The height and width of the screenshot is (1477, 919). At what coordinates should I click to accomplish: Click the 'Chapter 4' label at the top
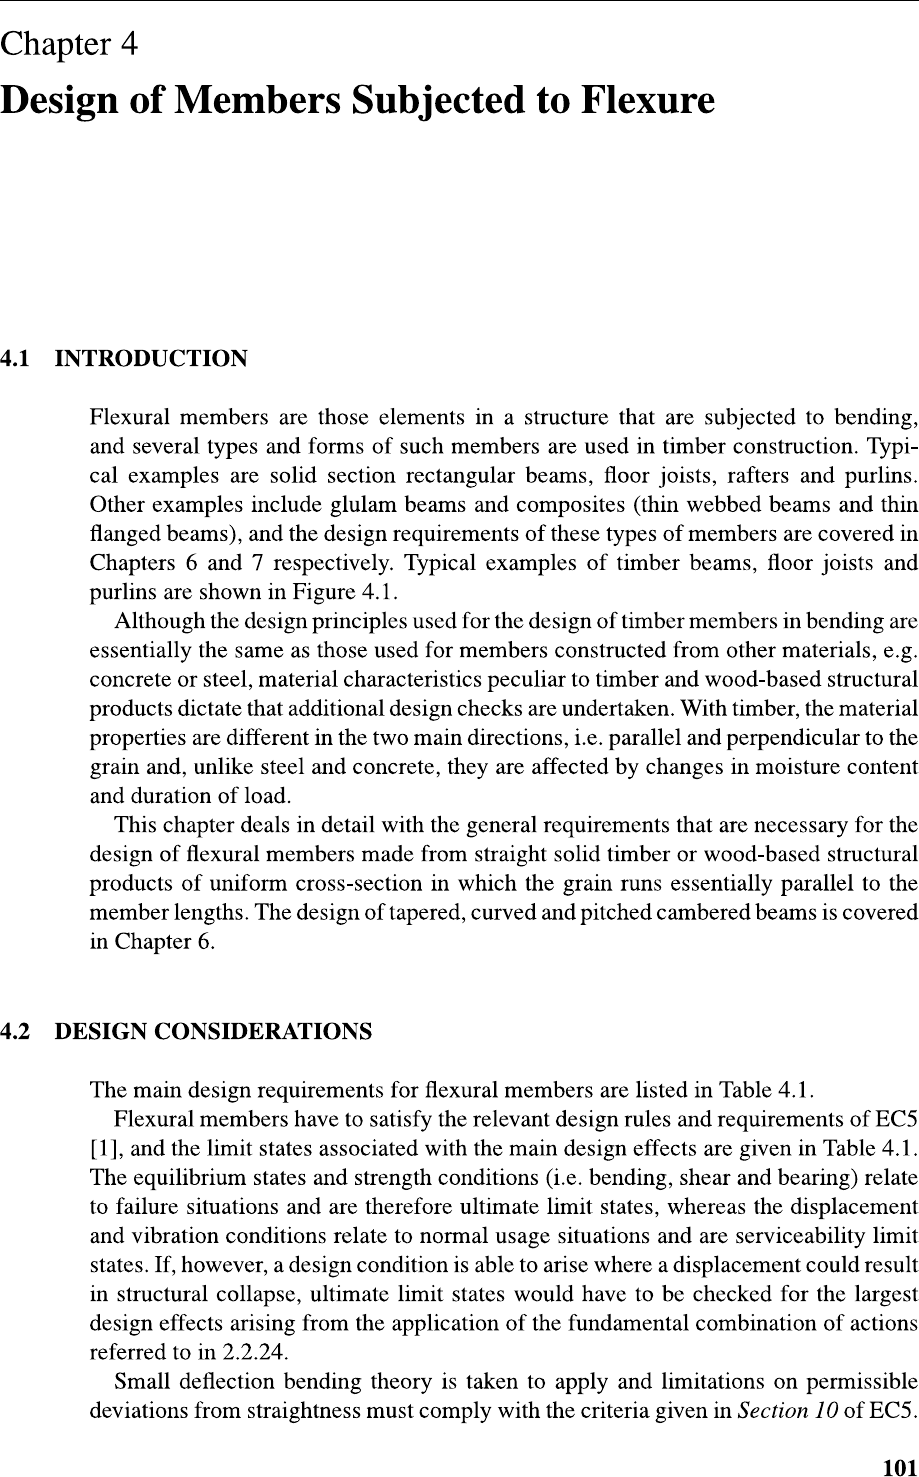(69, 45)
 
